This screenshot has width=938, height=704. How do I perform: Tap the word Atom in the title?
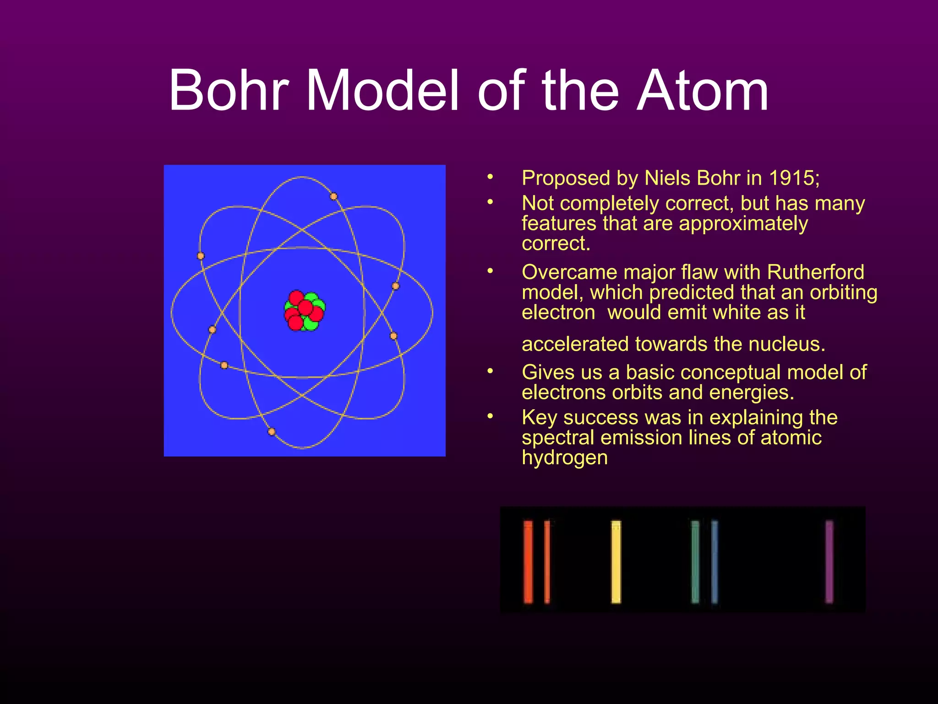point(703,90)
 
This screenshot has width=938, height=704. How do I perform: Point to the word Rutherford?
point(815,272)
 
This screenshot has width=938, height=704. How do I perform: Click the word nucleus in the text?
point(786,344)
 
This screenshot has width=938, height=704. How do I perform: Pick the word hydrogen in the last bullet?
point(564,458)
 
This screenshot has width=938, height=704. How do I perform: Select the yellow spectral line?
point(616,561)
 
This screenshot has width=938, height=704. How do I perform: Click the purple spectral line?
point(829,561)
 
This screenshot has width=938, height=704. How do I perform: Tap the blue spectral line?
point(714,561)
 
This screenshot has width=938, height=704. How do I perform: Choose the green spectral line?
point(695,561)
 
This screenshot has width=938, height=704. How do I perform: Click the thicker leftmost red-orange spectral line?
point(528,561)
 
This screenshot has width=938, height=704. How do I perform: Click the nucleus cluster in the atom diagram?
point(305,311)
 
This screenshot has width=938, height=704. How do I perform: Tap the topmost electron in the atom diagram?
point(334,197)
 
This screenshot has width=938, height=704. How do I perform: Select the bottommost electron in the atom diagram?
point(272,432)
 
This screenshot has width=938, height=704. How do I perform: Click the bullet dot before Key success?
point(490,416)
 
